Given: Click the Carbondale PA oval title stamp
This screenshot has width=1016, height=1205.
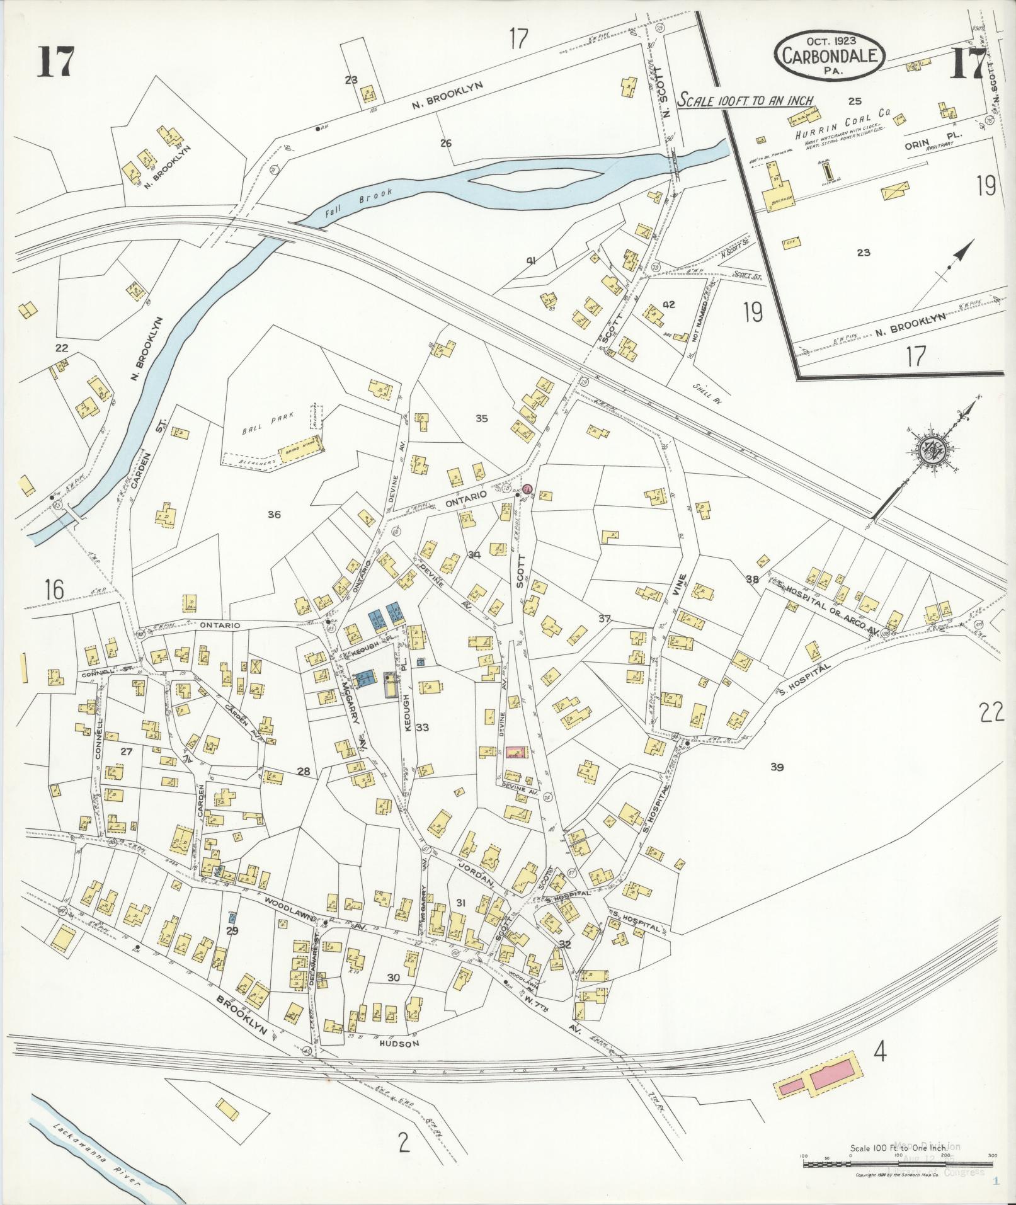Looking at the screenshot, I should (x=830, y=55).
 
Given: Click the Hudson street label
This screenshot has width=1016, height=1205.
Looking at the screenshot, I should (x=399, y=1043).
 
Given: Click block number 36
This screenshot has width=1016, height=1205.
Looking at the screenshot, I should (x=273, y=515).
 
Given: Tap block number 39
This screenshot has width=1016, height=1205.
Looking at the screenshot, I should (x=776, y=767).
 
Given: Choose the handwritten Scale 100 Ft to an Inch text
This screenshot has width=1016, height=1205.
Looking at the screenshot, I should (x=745, y=100).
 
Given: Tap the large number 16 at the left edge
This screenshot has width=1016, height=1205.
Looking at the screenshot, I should (x=55, y=590).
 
